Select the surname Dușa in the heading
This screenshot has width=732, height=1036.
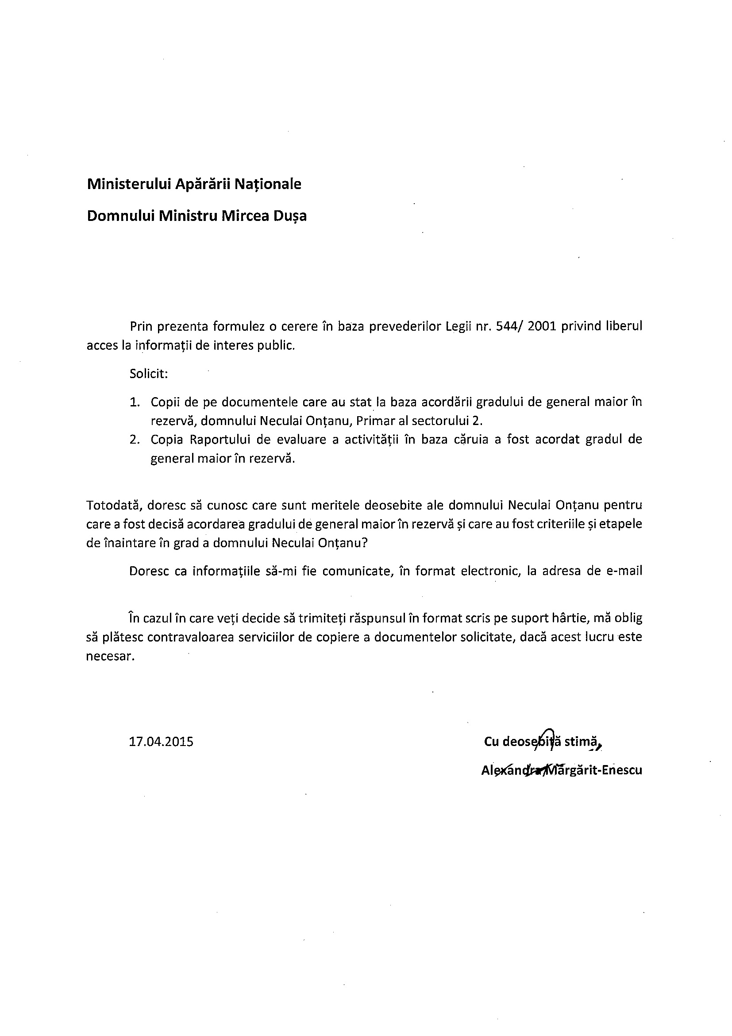coord(289,216)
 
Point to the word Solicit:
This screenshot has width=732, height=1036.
coord(149,374)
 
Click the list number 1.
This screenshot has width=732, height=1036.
coord(135,402)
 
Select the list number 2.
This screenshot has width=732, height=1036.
coord(135,440)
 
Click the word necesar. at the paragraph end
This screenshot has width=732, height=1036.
coord(111,657)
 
